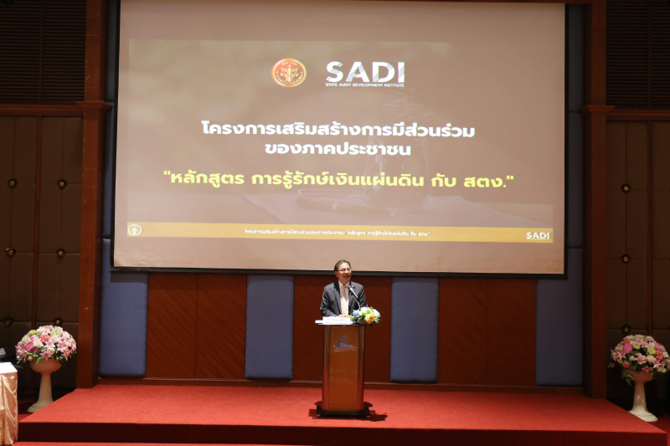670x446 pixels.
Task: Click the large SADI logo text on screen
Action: coord(364,71)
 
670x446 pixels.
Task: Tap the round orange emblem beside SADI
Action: coord(289,73)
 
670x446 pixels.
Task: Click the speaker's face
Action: coord(343,272)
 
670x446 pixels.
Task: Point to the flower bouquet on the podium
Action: coord(365,315)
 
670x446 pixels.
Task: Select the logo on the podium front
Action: coord(343,343)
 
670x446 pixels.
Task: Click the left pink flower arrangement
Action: coord(46,343)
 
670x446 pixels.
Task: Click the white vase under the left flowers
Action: coord(44,385)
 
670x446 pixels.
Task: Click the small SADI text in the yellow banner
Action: coord(537,235)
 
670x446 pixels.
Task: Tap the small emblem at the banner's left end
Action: coord(134,229)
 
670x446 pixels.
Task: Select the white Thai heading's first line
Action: coord(338,129)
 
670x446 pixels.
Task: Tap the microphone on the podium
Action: coord(354,295)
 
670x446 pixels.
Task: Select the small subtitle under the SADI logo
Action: coord(364,85)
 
